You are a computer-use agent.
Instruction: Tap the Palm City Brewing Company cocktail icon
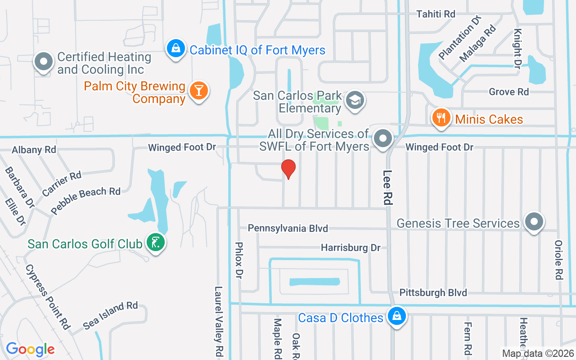(x=198, y=90)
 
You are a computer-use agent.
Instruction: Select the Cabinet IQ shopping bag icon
(x=176, y=48)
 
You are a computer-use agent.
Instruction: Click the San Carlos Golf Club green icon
(x=155, y=243)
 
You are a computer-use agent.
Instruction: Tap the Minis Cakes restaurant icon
(x=441, y=118)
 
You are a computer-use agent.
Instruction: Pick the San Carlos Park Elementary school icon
(x=355, y=101)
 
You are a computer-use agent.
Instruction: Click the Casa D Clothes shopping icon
(x=396, y=316)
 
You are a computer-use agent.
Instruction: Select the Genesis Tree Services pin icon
(x=534, y=222)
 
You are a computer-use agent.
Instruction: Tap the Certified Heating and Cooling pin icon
(x=44, y=62)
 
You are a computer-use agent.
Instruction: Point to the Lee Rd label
(x=387, y=187)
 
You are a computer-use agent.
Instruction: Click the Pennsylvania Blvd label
(x=288, y=229)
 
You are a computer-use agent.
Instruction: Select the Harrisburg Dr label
(x=351, y=247)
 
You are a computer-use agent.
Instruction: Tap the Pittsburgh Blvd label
(x=433, y=293)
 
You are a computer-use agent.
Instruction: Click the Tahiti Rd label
(x=436, y=14)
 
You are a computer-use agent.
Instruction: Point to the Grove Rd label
(x=509, y=92)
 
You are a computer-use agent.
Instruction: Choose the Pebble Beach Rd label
(x=85, y=201)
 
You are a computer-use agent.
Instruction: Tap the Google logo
(x=30, y=349)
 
